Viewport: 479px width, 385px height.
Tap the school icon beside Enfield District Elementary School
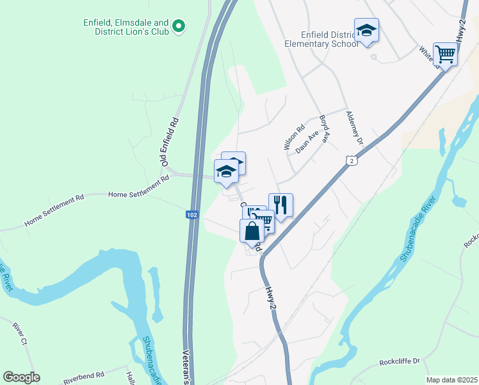pos(367,30)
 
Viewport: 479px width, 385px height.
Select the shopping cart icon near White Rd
pos(445,54)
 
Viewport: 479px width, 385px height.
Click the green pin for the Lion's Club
pos(179,26)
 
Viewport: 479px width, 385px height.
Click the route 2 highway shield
pos(352,161)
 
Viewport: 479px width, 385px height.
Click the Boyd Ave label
pos(324,128)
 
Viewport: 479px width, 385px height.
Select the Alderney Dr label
pos(354,128)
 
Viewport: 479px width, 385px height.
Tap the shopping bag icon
pos(252,230)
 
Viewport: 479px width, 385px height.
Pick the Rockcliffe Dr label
pos(398,361)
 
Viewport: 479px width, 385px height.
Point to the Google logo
pos(21,377)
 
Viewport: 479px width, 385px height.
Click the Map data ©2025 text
pos(451,380)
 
